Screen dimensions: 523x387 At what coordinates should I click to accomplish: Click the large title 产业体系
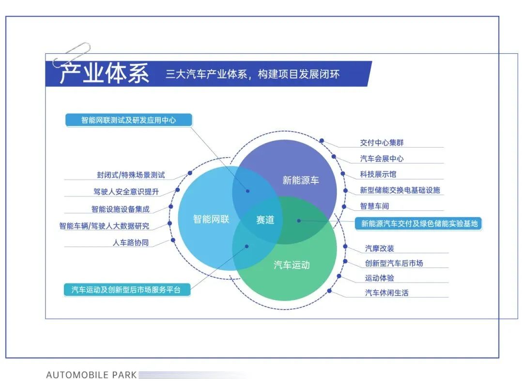point(104,74)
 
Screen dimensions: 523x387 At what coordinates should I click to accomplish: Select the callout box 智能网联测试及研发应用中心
point(129,120)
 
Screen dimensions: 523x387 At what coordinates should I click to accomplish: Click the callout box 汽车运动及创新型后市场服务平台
point(127,290)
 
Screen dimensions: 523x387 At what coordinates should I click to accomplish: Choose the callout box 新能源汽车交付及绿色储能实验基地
point(418,223)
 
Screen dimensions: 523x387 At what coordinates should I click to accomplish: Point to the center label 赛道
point(265,220)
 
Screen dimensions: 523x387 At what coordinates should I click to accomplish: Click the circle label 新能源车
point(301,180)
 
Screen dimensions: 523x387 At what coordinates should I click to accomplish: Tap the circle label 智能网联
point(211,219)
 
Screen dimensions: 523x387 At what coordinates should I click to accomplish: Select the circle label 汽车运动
point(292,265)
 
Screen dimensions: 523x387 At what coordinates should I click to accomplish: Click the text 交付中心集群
point(382,143)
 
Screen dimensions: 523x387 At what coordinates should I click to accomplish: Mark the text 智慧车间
point(374,206)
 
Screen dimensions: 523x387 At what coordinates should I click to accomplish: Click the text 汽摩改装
point(380,248)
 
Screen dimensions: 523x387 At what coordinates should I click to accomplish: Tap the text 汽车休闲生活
point(386,293)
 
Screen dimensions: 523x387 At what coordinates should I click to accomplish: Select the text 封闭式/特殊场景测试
point(131,175)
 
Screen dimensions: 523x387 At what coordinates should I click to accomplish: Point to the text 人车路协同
point(131,242)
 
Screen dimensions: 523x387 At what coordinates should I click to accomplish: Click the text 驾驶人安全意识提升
point(126,192)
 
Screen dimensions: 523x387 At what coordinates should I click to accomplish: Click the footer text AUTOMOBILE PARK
point(92,375)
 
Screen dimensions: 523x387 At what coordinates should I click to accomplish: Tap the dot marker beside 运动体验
point(339,276)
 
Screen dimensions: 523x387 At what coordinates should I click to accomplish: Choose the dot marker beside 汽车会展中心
point(334,156)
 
